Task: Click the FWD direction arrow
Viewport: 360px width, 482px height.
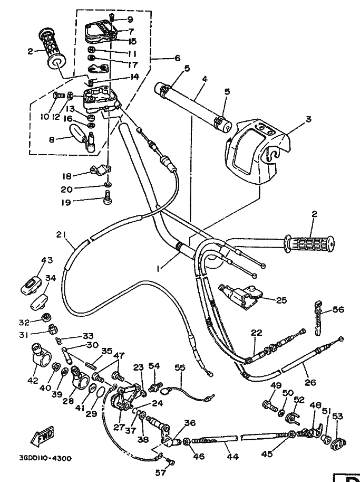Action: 42,436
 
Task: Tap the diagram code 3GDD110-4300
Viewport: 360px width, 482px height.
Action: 45,458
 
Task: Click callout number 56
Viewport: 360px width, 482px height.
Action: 338,309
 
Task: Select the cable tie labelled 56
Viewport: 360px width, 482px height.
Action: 318,318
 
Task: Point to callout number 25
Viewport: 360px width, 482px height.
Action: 281,300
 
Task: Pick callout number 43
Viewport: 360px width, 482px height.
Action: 47,260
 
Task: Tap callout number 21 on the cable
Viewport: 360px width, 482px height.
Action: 61,234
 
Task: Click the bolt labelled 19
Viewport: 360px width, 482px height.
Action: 108,197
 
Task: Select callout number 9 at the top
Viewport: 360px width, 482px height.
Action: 130,20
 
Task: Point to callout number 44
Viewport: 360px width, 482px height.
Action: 232,457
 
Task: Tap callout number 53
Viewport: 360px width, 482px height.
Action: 337,416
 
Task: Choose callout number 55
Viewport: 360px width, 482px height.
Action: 180,367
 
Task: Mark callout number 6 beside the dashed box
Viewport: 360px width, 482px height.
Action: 178,58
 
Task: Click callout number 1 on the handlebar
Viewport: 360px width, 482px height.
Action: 158,269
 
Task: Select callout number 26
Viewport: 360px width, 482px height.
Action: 310,382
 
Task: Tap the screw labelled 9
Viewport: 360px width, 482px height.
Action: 112,18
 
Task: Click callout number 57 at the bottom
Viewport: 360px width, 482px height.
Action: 161,472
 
